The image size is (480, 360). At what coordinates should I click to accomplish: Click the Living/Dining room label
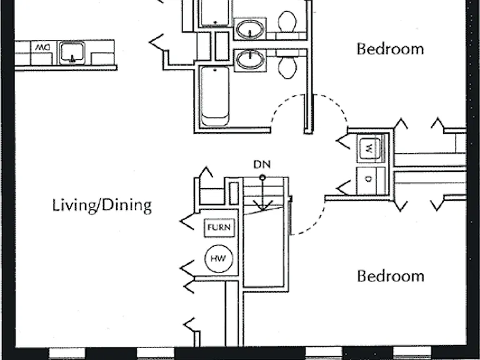pyautogui.click(x=102, y=206)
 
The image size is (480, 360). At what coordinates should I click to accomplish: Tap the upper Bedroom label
pyautogui.click(x=390, y=49)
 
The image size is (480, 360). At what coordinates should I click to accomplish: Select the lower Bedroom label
pyautogui.click(x=391, y=276)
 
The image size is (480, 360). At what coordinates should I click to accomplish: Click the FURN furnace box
pyautogui.click(x=219, y=227)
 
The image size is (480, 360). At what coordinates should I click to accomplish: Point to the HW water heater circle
pyautogui.click(x=219, y=258)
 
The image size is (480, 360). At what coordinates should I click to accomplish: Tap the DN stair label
pyautogui.click(x=262, y=165)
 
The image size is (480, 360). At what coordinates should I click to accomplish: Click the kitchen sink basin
pyautogui.click(x=72, y=52)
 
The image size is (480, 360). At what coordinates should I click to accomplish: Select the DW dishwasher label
pyautogui.click(x=42, y=47)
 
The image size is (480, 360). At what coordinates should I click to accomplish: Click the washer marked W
pyautogui.click(x=370, y=149)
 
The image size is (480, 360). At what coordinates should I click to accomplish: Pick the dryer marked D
pyautogui.click(x=369, y=179)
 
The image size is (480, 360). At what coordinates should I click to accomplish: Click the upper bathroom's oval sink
pyautogui.click(x=250, y=29)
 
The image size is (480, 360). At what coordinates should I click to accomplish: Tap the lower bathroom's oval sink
pyautogui.click(x=250, y=59)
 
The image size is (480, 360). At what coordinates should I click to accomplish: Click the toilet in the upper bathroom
pyautogui.click(x=287, y=21)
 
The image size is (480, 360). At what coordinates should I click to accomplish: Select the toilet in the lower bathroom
pyautogui.click(x=287, y=68)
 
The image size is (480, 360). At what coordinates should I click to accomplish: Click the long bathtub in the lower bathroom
pyautogui.click(x=215, y=96)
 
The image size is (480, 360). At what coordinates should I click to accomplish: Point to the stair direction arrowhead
pyautogui.click(x=262, y=206)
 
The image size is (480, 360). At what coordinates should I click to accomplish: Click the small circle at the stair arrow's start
pyautogui.click(x=262, y=177)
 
